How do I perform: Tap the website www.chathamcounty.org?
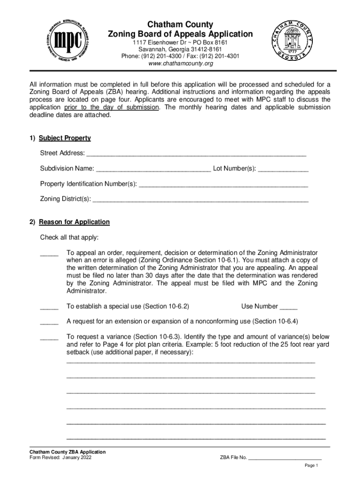click(180, 64)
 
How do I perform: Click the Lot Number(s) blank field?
click(283, 168)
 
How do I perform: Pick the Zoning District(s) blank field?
click(201, 199)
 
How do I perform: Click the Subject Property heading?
click(65, 138)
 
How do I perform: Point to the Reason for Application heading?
click(74, 222)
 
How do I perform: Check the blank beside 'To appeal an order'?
click(49, 253)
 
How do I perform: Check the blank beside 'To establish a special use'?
click(49, 307)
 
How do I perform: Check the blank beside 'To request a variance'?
click(49, 337)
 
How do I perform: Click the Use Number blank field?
click(288, 307)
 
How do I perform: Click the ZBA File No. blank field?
click(285, 458)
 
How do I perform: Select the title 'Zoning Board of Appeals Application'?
click(180, 34)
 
